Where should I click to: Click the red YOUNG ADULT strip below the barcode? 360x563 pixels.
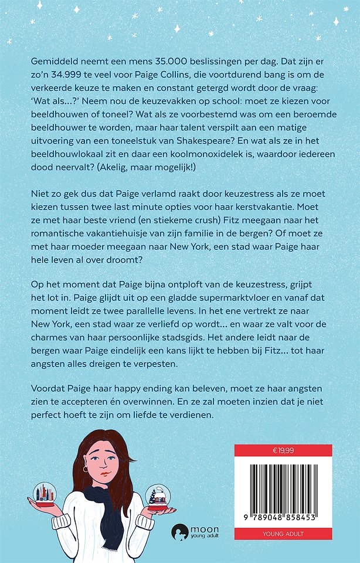(x=283, y=534)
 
